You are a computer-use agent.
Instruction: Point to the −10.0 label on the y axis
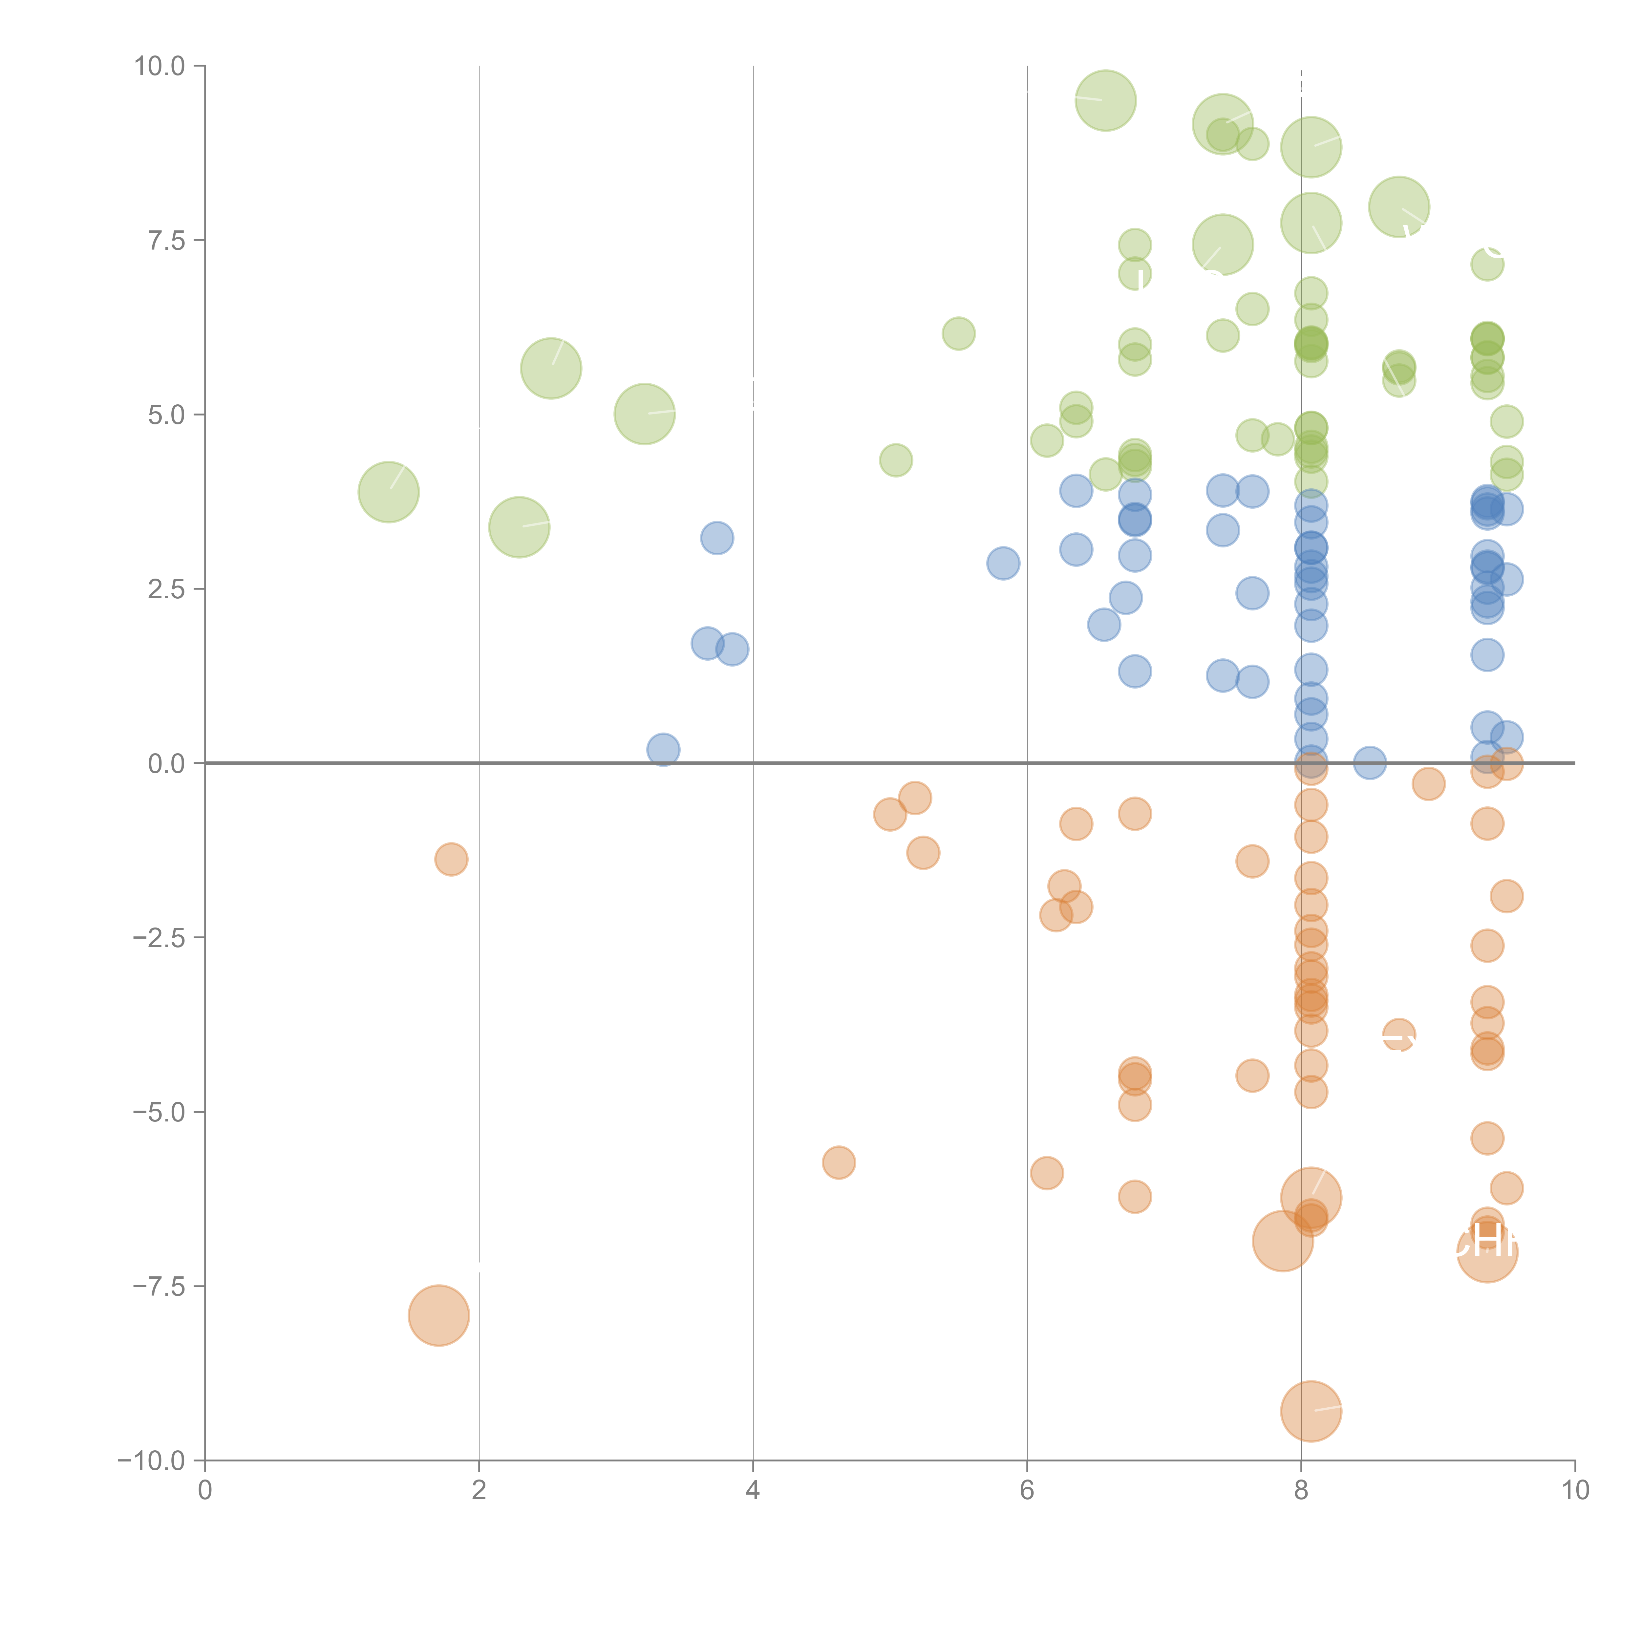point(151,1461)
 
